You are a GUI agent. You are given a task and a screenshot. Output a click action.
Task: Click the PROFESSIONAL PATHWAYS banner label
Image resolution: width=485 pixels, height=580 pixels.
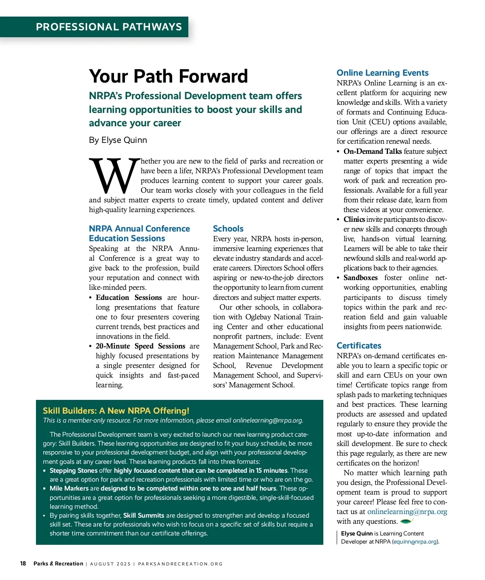(x=109, y=27)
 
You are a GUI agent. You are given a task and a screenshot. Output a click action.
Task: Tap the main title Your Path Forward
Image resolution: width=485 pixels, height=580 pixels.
(x=168, y=76)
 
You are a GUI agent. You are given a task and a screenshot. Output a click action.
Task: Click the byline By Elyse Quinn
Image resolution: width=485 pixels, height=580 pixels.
(x=118, y=140)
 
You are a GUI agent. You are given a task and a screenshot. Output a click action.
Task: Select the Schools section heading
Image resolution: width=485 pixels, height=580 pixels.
(x=228, y=229)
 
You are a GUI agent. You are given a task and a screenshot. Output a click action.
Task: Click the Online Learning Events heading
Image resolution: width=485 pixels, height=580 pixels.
(x=382, y=73)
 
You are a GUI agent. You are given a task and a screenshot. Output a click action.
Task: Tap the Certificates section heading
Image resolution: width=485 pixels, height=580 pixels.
(x=359, y=346)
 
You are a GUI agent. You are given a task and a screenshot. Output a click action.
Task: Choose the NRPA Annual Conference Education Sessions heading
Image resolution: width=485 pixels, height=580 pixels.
(x=139, y=234)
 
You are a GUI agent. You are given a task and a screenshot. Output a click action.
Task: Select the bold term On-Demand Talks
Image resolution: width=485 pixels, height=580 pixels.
(x=372, y=151)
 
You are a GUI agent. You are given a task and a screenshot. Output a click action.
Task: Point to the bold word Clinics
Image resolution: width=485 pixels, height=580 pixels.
(x=354, y=219)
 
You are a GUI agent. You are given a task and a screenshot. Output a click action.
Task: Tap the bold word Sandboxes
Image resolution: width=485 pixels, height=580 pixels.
(x=361, y=278)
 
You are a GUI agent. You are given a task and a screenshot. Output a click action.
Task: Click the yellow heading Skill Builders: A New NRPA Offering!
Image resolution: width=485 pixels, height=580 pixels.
(x=116, y=411)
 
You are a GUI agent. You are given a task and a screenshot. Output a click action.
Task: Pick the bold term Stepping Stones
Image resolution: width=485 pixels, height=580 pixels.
(x=73, y=471)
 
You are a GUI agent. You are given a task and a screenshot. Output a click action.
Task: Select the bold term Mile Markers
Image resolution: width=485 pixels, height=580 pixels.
(x=69, y=489)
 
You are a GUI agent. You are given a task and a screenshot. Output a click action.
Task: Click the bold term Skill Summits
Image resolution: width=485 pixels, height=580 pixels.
(x=143, y=516)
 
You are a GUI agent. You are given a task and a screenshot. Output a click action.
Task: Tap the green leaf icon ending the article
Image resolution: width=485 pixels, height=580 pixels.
(x=407, y=521)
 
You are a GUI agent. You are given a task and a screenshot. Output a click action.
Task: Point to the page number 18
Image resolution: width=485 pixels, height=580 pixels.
(x=23, y=564)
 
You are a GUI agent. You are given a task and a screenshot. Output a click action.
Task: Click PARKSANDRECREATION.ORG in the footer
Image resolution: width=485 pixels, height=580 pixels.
(x=180, y=564)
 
